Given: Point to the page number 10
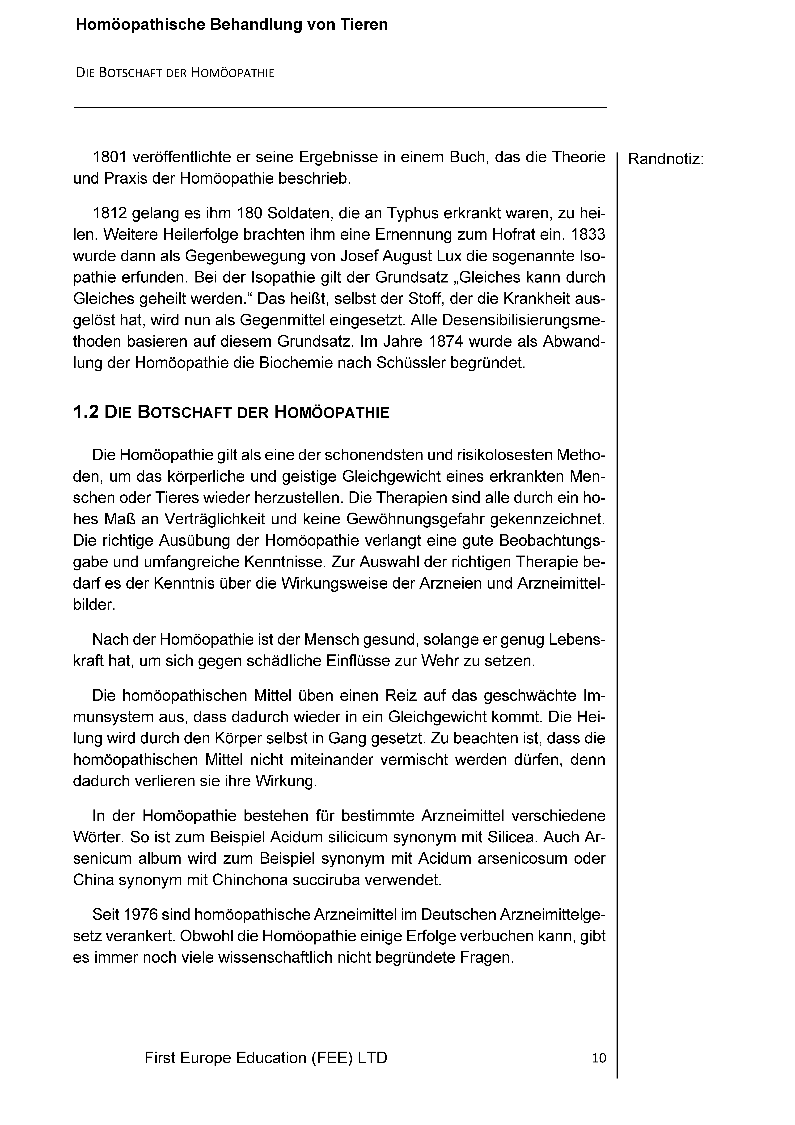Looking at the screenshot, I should tap(599, 1058).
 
